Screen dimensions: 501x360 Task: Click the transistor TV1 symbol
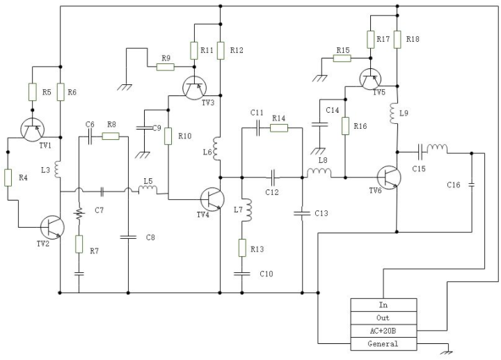click(32, 130)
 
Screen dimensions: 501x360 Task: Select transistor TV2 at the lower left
click(52, 227)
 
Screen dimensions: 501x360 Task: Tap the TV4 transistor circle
click(212, 199)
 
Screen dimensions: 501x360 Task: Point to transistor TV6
click(389, 177)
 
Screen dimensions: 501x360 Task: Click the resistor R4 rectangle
click(8, 178)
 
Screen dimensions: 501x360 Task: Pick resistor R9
click(166, 67)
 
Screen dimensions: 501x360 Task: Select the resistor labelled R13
click(242, 248)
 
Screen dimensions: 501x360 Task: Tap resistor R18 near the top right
click(397, 39)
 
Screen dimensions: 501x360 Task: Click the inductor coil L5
click(148, 190)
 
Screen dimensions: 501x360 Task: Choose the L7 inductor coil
click(247, 210)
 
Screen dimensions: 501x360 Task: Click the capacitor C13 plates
click(302, 213)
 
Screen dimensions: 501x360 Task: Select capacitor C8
click(128, 237)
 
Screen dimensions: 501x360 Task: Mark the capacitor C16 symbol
click(472, 185)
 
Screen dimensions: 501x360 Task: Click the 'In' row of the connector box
click(383, 305)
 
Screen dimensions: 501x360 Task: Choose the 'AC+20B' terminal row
click(383, 331)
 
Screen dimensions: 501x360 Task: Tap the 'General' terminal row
click(383, 344)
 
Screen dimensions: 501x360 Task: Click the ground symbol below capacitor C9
click(143, 155)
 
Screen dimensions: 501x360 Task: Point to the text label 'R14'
click(278, 118)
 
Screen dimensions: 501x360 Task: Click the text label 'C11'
click(257, 113)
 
